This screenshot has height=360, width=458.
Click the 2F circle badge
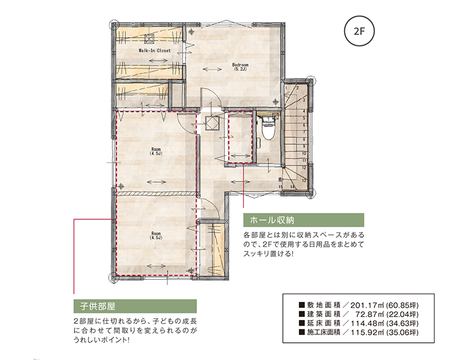(360, 31)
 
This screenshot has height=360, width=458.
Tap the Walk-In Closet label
(155, 50)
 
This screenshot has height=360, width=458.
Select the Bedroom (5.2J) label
(240, 67)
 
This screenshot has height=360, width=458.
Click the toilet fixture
(267, 128)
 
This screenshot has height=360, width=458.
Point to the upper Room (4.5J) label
(156, 151)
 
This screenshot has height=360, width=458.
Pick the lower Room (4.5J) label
(156, 235)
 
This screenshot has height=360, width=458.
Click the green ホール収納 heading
(304, 220)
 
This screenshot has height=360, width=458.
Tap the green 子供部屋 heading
(135, 306)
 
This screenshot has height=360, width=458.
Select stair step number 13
(304, 180)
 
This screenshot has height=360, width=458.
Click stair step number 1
(286, 88)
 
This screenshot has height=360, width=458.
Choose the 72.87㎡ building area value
(370, 314)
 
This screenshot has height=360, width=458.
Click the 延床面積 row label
(323, 323)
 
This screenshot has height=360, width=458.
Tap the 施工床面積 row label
(323, 333)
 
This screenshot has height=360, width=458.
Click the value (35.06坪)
(402, 333)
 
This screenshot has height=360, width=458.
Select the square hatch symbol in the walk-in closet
(149, 39)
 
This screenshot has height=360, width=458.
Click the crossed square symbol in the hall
(212, 123)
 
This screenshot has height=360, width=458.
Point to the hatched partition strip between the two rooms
(156, 193)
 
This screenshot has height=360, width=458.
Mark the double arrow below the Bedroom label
(212, 69)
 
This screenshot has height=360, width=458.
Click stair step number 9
(304, 147)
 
